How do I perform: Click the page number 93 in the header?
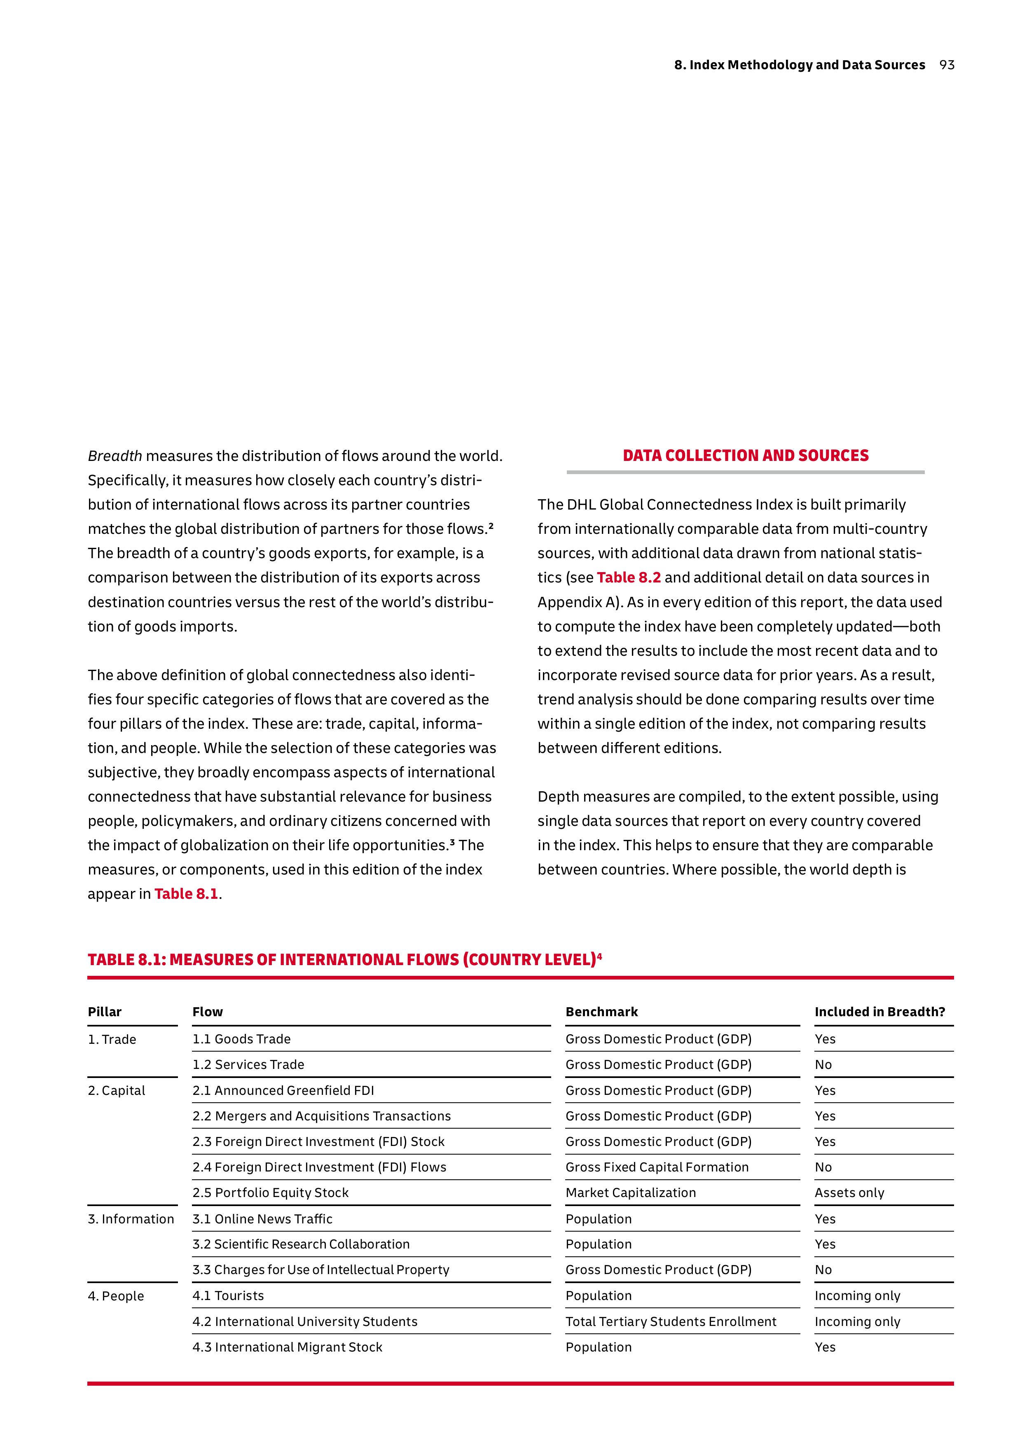pos(947,65)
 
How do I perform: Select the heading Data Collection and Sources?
pos(745,456)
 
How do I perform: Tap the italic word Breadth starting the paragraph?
pos(115,456)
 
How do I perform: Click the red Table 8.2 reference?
pos(628,578)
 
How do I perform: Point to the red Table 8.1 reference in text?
pos(186,894)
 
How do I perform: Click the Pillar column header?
pos(105,1012)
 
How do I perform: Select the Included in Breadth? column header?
pos(879,1012)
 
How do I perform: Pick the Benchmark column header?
pos(601,1012)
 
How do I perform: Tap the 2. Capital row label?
pos(117,1091)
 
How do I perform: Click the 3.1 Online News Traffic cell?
pos(262,1219)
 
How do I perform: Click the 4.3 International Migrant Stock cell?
pos(287,1347)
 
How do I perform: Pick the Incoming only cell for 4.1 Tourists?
pos(857,1296)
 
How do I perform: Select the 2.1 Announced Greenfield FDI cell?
pos(283,1091)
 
